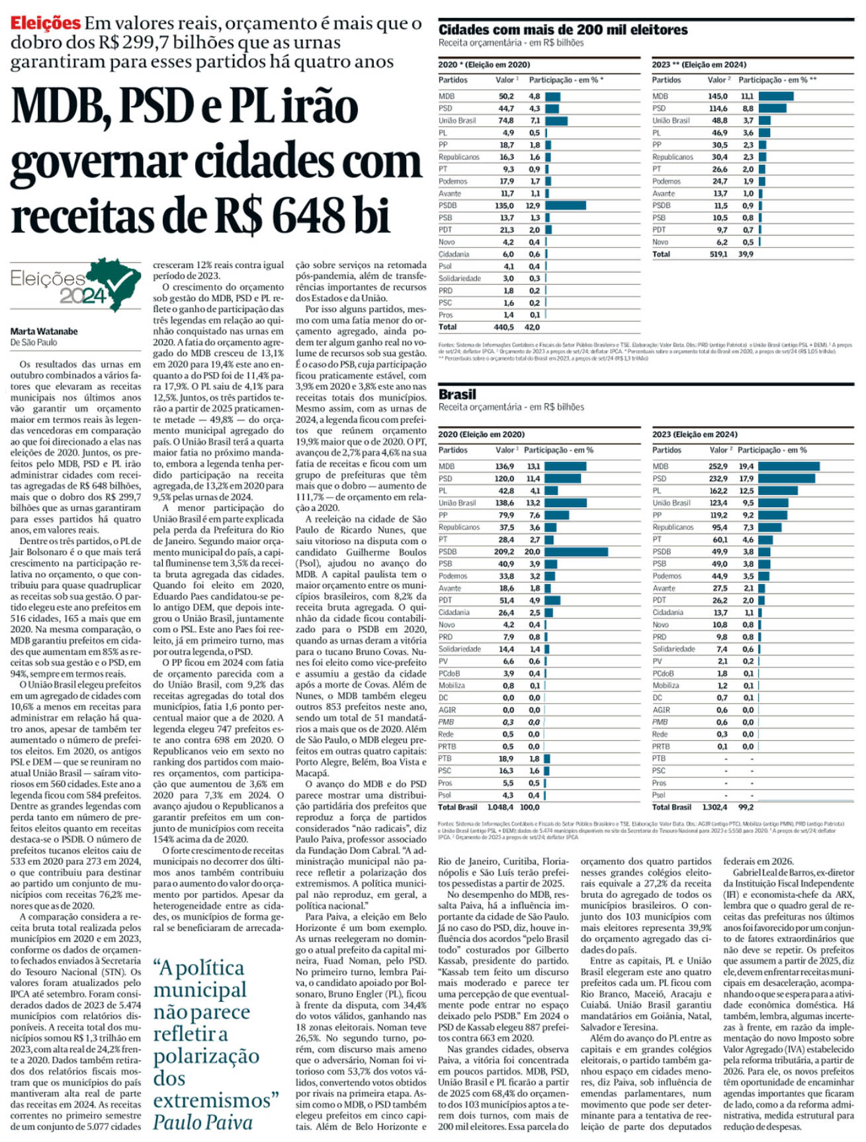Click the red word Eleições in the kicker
click(45, 23)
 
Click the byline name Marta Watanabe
click(44, 331)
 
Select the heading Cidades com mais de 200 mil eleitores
click(563, 29)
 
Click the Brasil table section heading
click(457, 394)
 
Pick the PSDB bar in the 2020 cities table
click(566, 205)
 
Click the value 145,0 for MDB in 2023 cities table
click(718, 96)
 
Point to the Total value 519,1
click(718, 254)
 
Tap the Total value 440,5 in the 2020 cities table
click(503, 327)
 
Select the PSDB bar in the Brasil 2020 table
click(576, 551)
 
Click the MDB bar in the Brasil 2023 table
click(789, 466)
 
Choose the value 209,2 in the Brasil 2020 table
click(504, 551)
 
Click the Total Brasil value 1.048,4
click(501, 807)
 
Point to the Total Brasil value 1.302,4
click(714, 807)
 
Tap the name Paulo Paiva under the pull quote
click(202, 1122)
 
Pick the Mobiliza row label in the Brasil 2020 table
click(452, 685)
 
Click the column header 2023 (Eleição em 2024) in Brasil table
click(695, 434)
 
